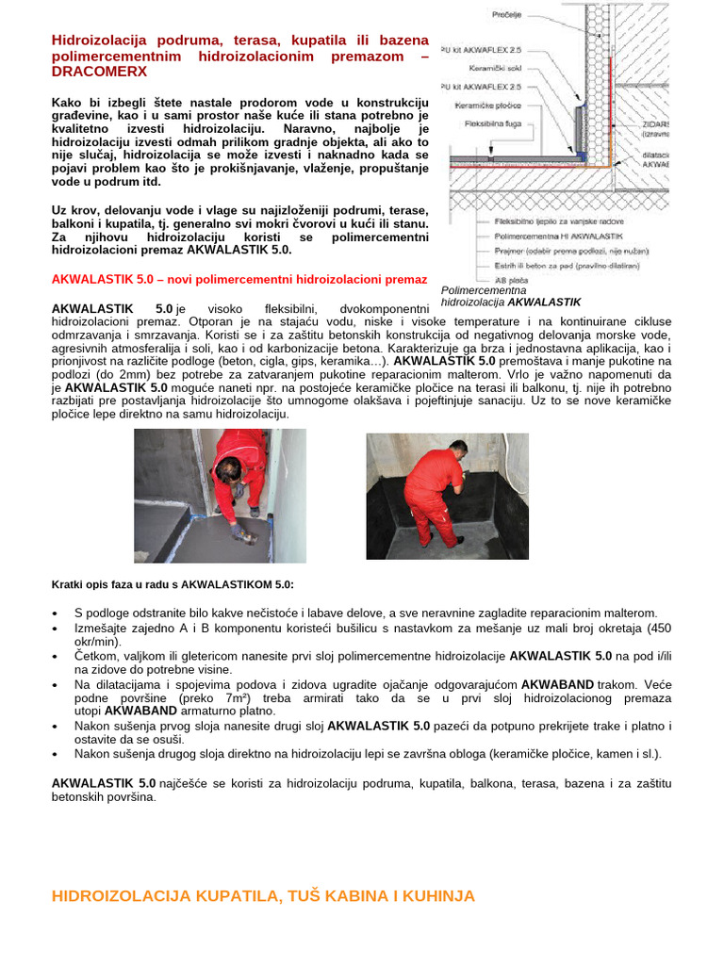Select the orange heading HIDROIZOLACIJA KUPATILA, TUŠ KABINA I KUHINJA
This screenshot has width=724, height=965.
point(263,896)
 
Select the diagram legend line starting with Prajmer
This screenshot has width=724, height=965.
point(565,252)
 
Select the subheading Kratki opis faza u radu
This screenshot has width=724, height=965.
point(173,584)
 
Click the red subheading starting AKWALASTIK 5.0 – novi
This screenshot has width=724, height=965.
point(239,280)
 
